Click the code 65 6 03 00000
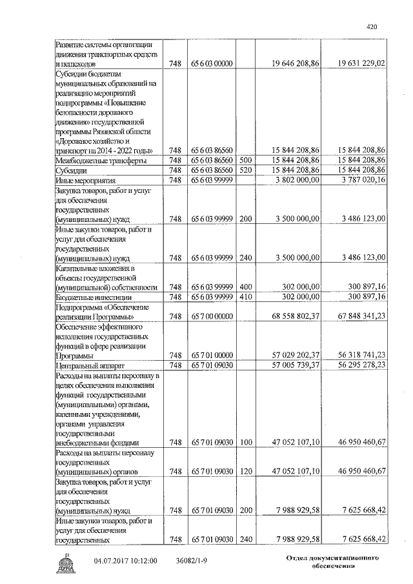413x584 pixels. click(211, 64)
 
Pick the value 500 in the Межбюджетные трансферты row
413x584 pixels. click(245, 159)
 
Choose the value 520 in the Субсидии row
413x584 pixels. click(245, 169)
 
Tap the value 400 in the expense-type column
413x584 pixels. click(245, 287)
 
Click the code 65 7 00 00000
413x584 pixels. click(211, 317)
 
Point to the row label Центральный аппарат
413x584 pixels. click(85, 365)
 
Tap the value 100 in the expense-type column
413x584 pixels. click(245, 443)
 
